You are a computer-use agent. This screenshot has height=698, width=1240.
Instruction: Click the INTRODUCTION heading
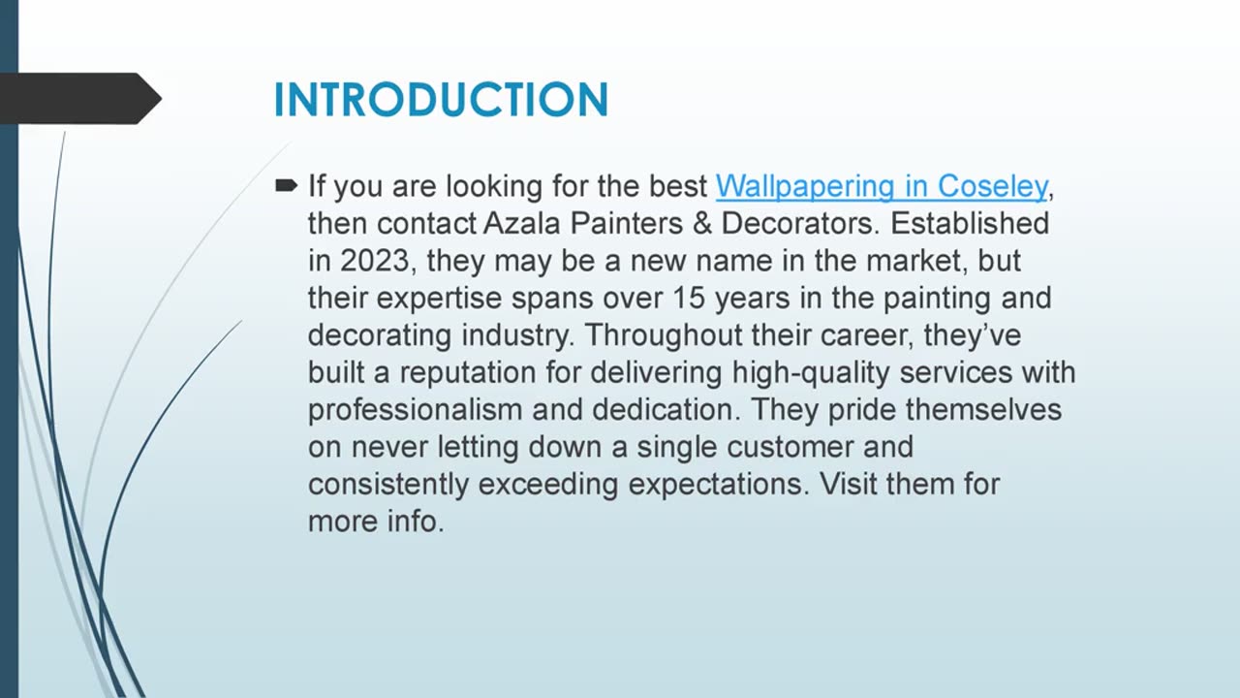tap(441, 100)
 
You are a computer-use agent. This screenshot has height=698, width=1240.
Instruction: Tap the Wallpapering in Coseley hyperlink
tap(881, 185)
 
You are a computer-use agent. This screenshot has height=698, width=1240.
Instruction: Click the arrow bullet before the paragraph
tap(287, 184)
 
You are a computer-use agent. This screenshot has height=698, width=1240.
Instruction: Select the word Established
tap(970, 223)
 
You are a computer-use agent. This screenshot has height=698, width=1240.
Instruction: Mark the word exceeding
tap(547, 484)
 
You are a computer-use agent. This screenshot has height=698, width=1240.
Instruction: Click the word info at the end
tap(416, 522)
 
